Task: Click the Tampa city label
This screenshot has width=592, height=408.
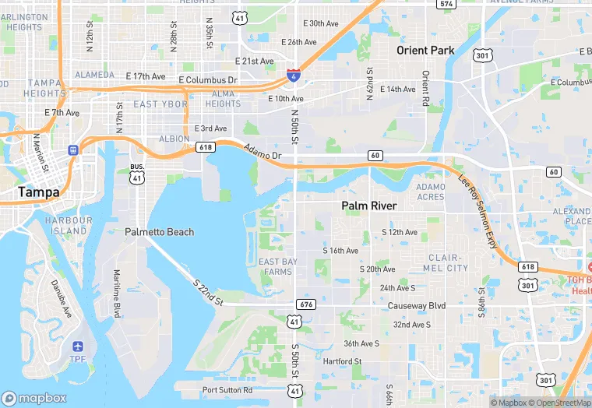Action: click(38, 192)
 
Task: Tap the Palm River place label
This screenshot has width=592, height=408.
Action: click(369, 206)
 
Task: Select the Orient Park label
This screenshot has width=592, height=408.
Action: click(425, 51)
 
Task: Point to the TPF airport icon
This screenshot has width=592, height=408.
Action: click(77, 346)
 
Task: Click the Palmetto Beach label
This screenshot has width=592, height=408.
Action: click(159, 232)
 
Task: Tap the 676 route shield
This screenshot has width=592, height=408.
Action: click(305, 304)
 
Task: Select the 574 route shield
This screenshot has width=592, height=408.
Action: click(446, 4)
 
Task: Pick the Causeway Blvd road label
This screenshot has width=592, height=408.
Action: click(418, 306)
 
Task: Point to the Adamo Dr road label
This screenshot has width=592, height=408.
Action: click(262, 153)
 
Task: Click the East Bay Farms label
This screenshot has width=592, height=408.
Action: click(277, 266)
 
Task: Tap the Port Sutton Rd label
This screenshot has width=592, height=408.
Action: click(227, 390)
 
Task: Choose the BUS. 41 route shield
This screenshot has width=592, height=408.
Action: click(137, 173)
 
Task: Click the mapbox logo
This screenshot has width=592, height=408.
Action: click(34, 397)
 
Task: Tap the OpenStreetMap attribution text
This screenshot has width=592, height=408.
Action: click(559, 403)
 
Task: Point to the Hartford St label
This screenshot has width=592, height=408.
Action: click(343, 361)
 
